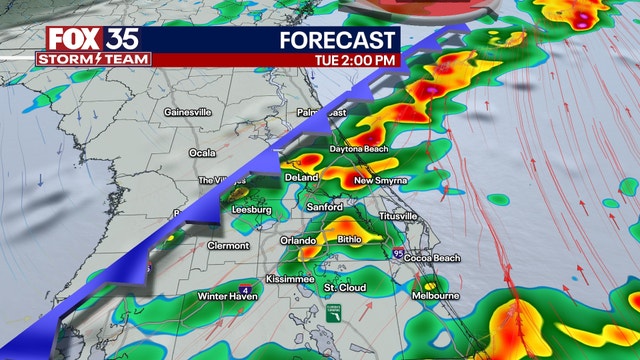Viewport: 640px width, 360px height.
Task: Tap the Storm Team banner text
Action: point(93,59)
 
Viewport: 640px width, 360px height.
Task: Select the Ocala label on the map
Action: point(202,152)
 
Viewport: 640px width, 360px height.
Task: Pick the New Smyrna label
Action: point(377,181)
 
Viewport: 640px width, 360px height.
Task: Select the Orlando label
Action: point(298,240)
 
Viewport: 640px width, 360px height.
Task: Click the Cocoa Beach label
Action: point(431,258)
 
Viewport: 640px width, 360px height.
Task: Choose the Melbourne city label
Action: point(436,296)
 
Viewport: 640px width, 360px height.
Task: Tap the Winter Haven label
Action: point(228,296)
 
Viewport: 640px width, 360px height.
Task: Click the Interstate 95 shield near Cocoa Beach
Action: point(399,255)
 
